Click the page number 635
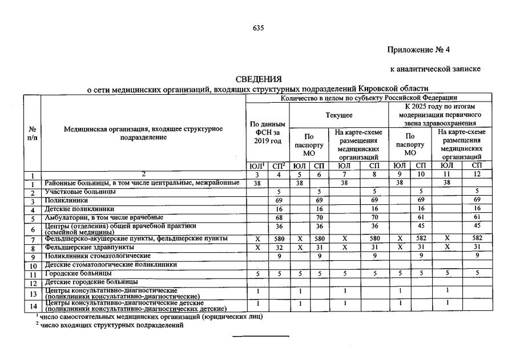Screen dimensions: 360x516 click(258, 28)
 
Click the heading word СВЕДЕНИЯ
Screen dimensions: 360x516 click(259, 79)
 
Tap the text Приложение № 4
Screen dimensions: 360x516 click(422, 50)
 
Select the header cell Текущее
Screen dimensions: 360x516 click(339, 115)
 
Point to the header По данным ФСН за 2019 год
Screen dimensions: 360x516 click(268, 132)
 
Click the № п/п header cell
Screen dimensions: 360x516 click(32, 133)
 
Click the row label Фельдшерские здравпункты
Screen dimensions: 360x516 click(90, 248)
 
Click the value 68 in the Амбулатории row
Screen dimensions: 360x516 click(279, 218)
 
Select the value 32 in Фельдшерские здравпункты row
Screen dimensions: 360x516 click(279, 248)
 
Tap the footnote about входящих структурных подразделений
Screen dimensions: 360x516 click(111, 325)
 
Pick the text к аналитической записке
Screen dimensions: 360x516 click(435, 69)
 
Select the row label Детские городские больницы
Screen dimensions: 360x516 click(91, 282)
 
